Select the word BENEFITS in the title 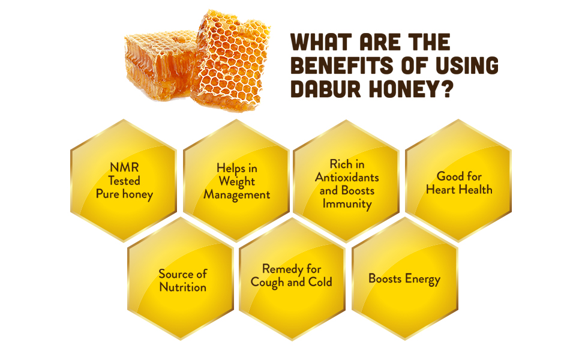342,65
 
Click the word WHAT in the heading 322,42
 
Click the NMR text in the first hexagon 124,167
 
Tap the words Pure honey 124,194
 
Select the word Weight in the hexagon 237,182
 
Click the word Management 237,195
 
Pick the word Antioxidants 347,178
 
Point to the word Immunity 347,204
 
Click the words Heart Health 459,190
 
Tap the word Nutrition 182,287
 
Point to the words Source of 182,274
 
